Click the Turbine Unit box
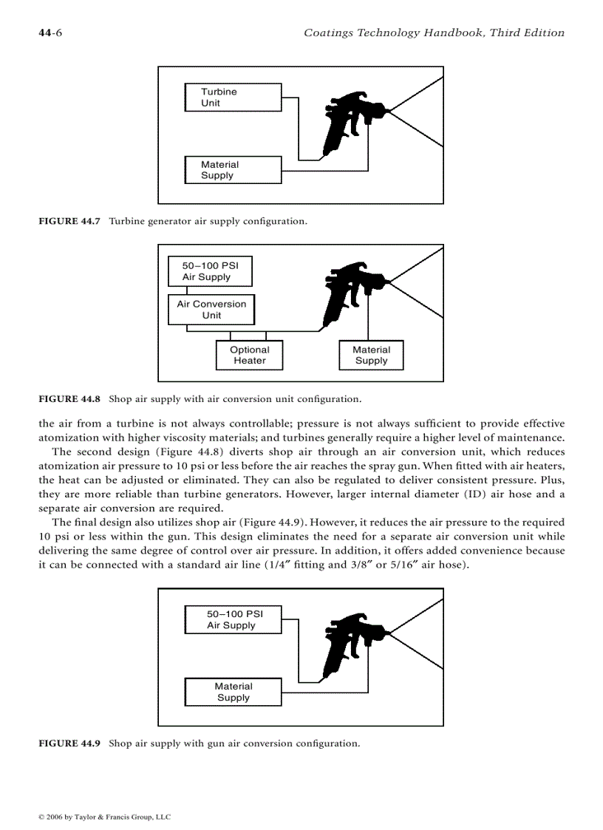[233, 98]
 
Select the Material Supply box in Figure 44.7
[233, 170]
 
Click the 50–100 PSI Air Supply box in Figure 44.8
[210, 271]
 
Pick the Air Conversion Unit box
[211, 310]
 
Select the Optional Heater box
[249, 356]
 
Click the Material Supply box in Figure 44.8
[371, 356]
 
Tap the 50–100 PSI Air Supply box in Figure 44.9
[234, 619]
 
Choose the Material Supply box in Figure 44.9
[234, 692]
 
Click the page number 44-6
[50, 33]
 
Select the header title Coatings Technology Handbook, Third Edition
[434, 33]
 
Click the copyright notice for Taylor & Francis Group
[104, 817]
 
